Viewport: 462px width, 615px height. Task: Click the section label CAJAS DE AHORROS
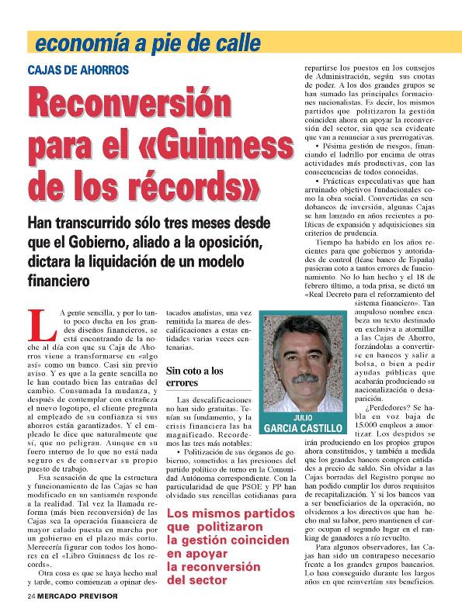(78, 70)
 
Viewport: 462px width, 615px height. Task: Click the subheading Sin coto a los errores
(194, 377)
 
